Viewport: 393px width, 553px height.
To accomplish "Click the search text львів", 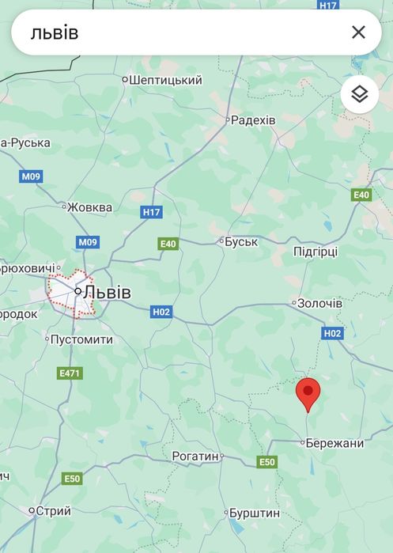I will click(x=55, y=32).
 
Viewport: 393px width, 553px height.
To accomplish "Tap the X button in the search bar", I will click(x=358, y=32).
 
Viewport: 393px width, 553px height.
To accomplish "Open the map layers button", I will click(x=360, y=95).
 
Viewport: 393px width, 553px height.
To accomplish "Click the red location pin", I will click(x=308, y=393).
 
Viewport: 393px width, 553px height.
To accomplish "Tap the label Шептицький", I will click(x=165, y=80).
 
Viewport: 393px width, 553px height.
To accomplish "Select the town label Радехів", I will click(x=253, y=120).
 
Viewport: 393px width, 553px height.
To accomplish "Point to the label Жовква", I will click(x=89, y=207).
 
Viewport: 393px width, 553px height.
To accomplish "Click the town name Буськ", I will click(x=241, y=241).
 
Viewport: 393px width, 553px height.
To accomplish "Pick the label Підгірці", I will click(x=315, y=252).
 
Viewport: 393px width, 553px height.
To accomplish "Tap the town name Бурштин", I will click(x=254, y=513).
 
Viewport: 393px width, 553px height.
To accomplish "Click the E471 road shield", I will click(x=70, y=373).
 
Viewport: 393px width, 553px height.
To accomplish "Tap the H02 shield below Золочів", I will click(x=333, y=334).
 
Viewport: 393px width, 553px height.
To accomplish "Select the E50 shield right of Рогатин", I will click(x=266, y=462).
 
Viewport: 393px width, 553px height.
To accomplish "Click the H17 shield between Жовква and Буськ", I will click(x=151, y=212).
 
